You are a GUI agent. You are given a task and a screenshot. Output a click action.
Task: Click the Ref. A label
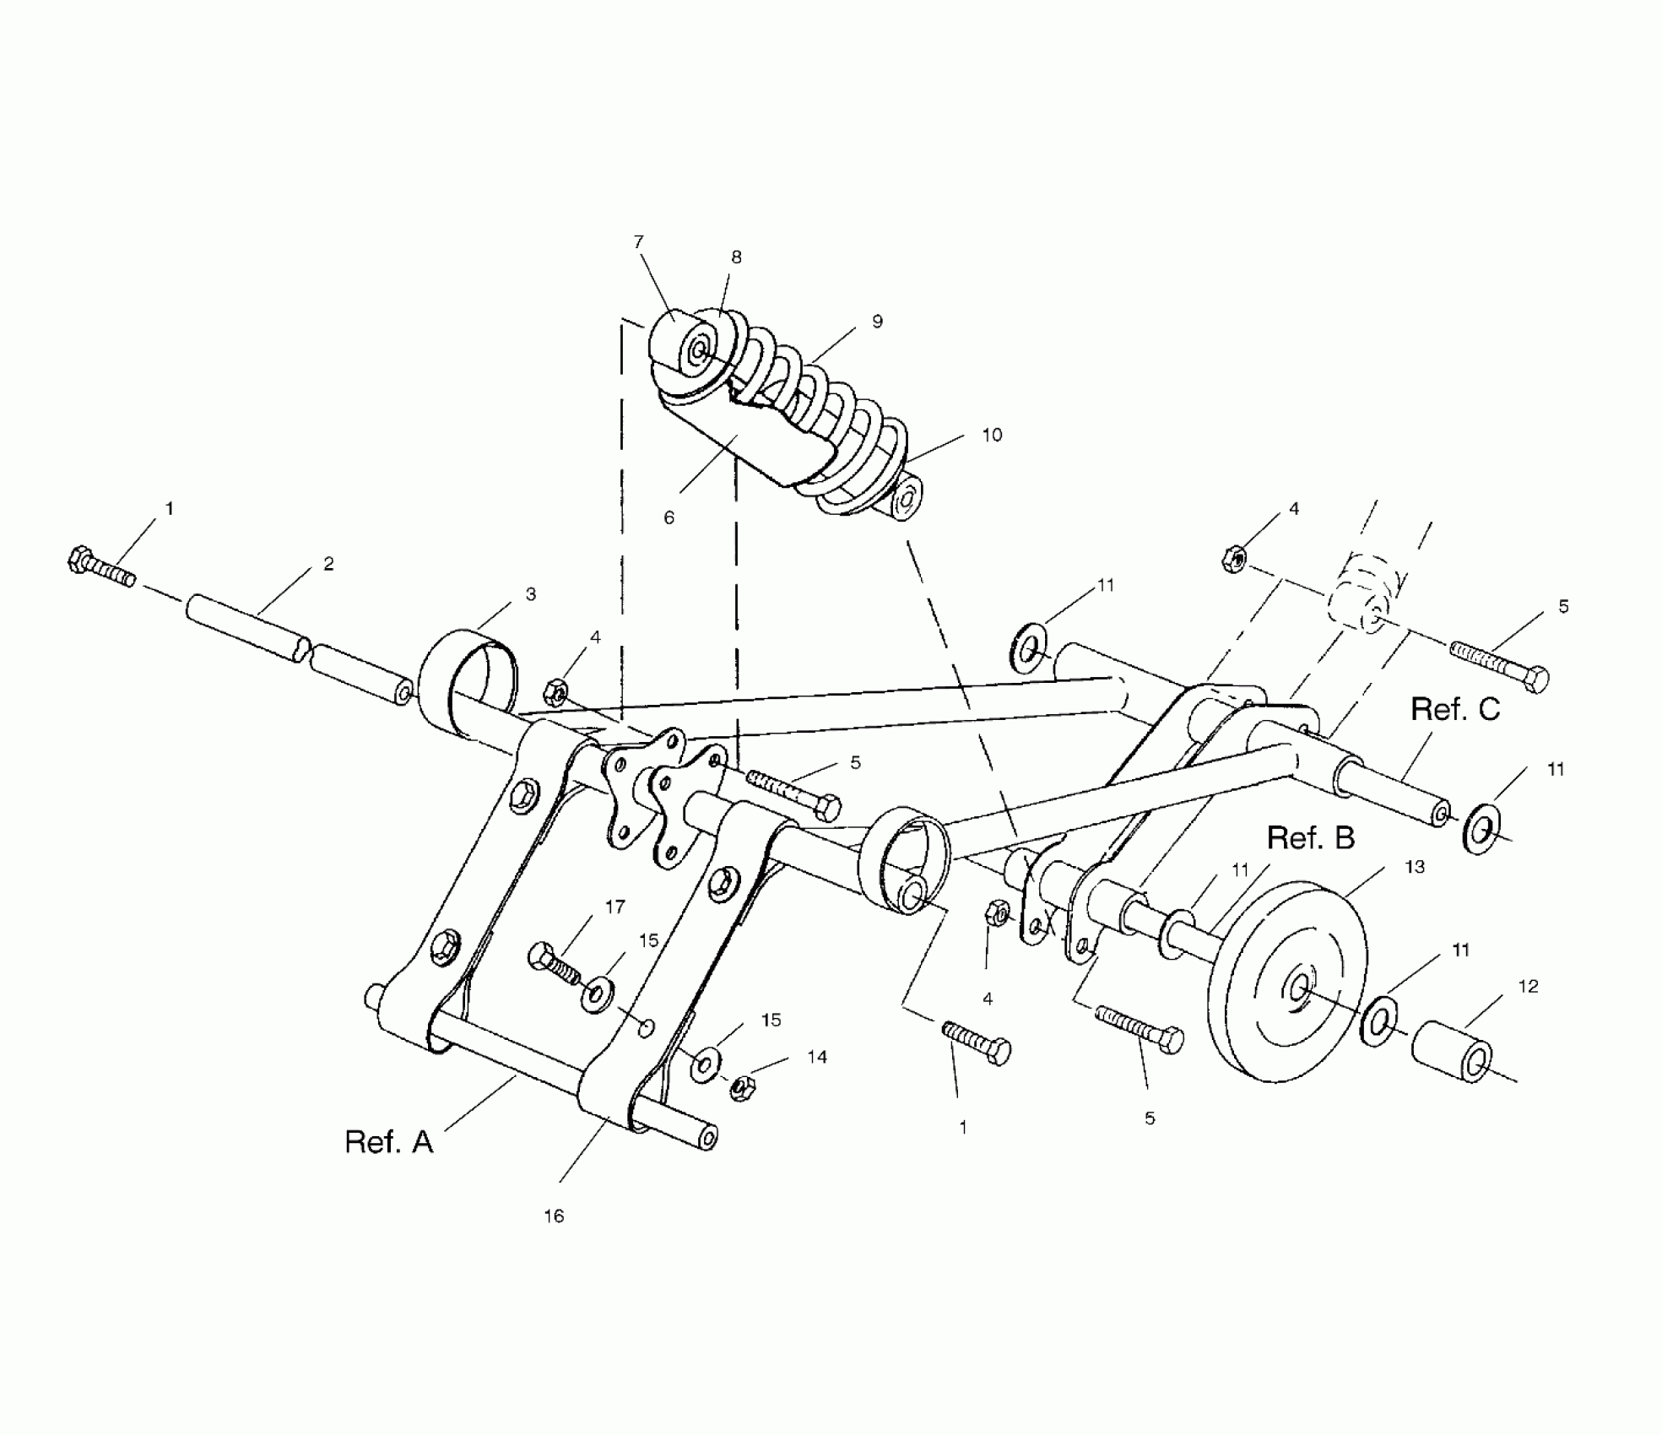point(388,1141)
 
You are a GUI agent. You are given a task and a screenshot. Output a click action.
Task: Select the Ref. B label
point(1311,838)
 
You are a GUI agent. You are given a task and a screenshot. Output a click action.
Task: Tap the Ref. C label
point(1455,709)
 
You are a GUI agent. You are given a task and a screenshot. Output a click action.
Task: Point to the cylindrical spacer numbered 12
point(1452,1049)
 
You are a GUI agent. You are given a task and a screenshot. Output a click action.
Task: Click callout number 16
point(554,1216)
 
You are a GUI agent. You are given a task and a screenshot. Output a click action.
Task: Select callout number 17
point(614,907)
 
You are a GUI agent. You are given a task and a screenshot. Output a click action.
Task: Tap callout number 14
point(817,1057)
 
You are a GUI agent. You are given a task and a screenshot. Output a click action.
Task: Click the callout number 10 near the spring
point(992,435)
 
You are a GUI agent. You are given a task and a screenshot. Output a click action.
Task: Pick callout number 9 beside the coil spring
point(877,322)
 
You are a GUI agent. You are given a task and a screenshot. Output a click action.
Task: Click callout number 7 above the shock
point(639,242)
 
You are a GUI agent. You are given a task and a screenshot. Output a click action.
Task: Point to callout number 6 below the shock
point(669,517)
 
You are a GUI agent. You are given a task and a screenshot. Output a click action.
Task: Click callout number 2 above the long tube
point(328,564)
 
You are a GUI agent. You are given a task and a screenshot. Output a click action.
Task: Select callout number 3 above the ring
point(531,594)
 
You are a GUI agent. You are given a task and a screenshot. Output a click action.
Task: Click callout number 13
point(1415,867)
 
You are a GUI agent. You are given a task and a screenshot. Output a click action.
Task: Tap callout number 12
point(1529,986)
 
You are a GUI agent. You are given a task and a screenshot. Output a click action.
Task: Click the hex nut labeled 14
point(742,1087)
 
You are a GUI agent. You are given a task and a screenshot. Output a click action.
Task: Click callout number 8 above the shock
point(736,257)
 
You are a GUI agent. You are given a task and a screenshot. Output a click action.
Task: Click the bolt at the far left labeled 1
point(99,568)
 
